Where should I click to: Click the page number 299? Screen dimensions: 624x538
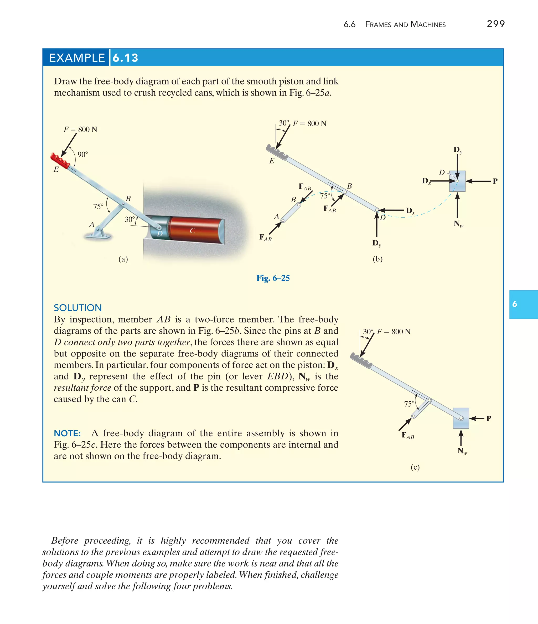(x=495, y=24)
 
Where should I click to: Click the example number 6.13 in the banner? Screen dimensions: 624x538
(x=125, y=58)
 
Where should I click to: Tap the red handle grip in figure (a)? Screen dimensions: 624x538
(x=60, y=161)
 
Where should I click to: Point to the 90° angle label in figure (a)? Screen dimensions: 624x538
(x=82, y=155)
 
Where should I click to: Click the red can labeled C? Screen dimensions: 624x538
(x=196, y=230)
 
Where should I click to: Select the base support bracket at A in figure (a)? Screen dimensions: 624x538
(x=97, y=235)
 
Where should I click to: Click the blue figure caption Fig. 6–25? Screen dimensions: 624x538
(x=273, y=278)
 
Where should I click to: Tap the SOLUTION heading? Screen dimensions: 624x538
(x=78, y=308)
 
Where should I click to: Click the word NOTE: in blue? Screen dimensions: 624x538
(x=67, y=433)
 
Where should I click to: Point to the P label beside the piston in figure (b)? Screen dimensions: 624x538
(x=495, y=181)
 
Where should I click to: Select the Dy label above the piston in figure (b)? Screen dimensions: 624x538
(x=458, y=150)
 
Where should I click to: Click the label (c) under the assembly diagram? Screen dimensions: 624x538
(x=415, y=467)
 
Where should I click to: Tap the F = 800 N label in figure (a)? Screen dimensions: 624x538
(x=80, y=129)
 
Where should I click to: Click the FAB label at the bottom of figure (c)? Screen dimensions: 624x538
(x=408, y=436)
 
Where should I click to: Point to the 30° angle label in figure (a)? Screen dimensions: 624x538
(x=130, y=219)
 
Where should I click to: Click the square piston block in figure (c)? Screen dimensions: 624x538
(x=461, y=418)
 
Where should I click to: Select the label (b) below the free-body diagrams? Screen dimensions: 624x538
(x=377, y=259)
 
